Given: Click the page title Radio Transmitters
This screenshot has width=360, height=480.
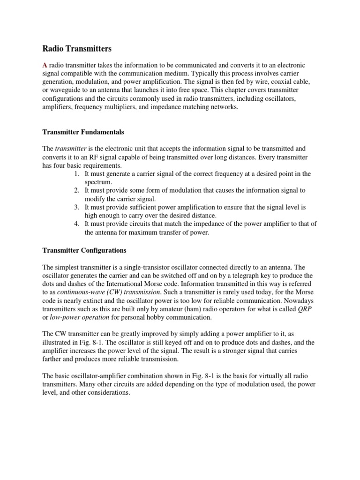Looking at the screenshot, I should point(77,48).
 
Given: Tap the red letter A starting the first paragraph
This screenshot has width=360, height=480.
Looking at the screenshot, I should point(45,65).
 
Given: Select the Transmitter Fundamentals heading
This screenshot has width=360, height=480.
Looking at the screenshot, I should point(83,132).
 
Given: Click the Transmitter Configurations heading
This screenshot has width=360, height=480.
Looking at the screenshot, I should point(84,250).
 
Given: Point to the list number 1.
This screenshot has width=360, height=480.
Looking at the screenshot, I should point(76,174).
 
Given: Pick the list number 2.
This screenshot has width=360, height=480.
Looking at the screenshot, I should point(76,190).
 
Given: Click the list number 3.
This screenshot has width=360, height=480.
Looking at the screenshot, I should point(76,207).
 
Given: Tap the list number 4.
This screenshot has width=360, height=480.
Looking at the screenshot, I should point(76,224).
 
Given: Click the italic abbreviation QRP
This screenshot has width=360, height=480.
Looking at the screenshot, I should point(306,309).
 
